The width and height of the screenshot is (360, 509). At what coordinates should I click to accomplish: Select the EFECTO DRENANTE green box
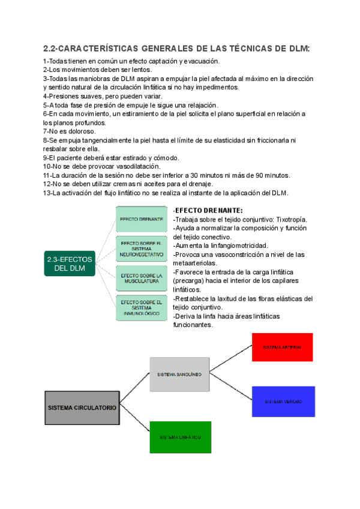142,220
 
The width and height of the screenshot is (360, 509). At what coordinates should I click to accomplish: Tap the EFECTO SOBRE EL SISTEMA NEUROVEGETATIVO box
142,248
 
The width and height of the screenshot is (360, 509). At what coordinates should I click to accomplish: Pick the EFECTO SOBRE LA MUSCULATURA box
142,277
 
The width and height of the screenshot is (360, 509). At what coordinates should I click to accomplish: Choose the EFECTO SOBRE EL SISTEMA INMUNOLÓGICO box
142,307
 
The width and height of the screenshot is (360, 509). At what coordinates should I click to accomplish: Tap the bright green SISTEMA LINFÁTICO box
180,437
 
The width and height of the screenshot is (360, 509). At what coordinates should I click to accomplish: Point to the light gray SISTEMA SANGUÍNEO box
179,374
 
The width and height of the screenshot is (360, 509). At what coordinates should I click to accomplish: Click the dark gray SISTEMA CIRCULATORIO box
82,407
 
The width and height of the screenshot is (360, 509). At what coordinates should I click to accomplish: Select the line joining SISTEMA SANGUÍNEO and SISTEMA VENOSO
230,387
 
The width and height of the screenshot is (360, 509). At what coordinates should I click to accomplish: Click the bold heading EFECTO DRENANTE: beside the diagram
208,211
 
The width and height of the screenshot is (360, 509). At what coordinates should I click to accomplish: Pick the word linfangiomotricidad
232,245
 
